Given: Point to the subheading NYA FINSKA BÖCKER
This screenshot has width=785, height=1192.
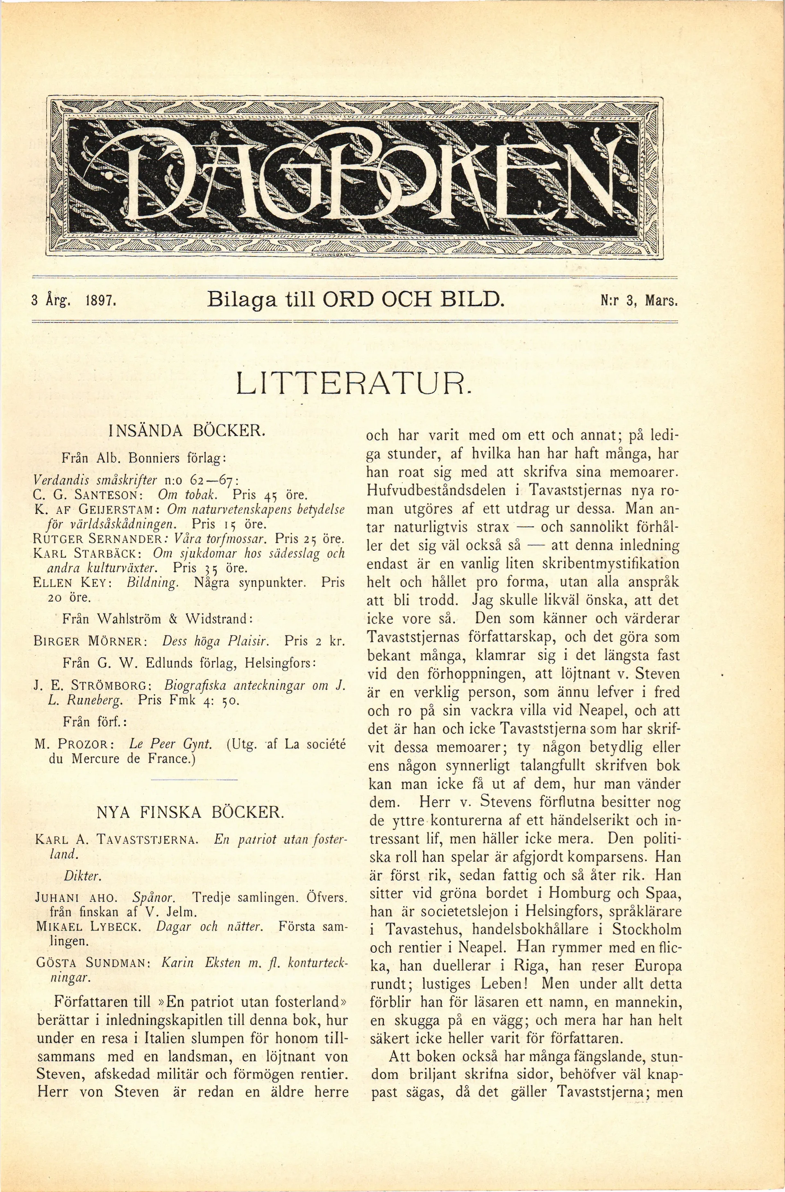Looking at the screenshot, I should click(190, 811).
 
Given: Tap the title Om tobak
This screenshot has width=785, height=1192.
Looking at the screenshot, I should click(187, 495).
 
